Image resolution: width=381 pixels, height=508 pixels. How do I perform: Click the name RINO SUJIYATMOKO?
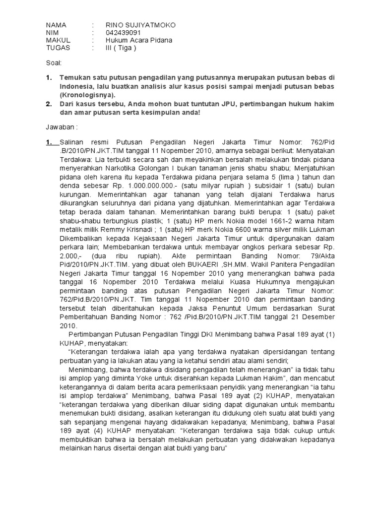click(140, 25)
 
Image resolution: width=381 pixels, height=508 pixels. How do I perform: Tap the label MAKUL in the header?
click(59, 40)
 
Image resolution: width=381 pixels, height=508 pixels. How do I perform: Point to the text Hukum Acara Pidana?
click(139, 40)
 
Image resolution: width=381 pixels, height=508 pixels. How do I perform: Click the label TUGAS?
click(58, 48)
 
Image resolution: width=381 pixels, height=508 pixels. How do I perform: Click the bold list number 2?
click(49, 104)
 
